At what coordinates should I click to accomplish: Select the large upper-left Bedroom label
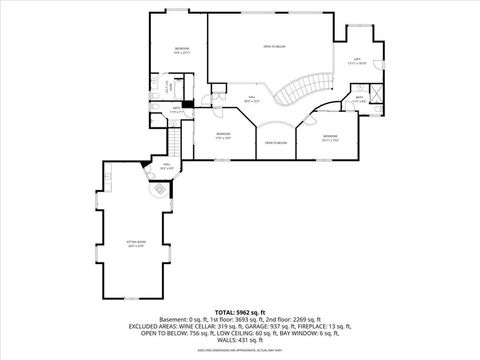[x=181, y=50]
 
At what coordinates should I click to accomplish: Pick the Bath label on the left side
[x=175, y=109]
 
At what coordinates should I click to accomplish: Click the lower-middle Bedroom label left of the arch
[x=224, y=136]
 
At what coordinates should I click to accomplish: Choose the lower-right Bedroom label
[x=330, y=137]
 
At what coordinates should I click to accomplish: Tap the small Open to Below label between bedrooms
[x=276, y=143]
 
